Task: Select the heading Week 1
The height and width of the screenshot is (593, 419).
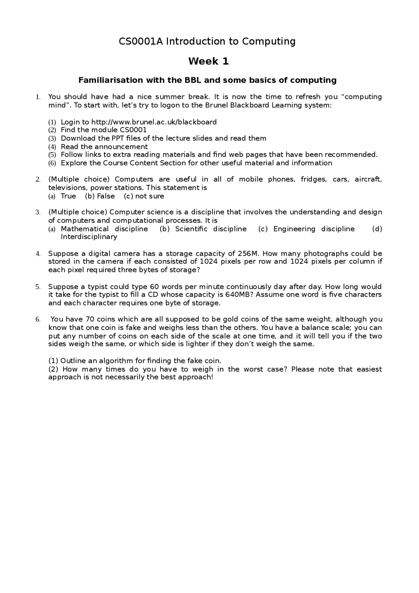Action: click(x=209, y=61)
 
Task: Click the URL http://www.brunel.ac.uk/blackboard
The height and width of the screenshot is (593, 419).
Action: click(x=154, y=122)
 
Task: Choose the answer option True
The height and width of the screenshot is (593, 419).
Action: click(x=68, y=196)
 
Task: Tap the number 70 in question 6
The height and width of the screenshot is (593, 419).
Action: click(x=90, y=319)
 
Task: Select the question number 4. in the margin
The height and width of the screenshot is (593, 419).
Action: click(x=38, y=254)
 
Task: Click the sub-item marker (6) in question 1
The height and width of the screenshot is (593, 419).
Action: click(x=52, y=163)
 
